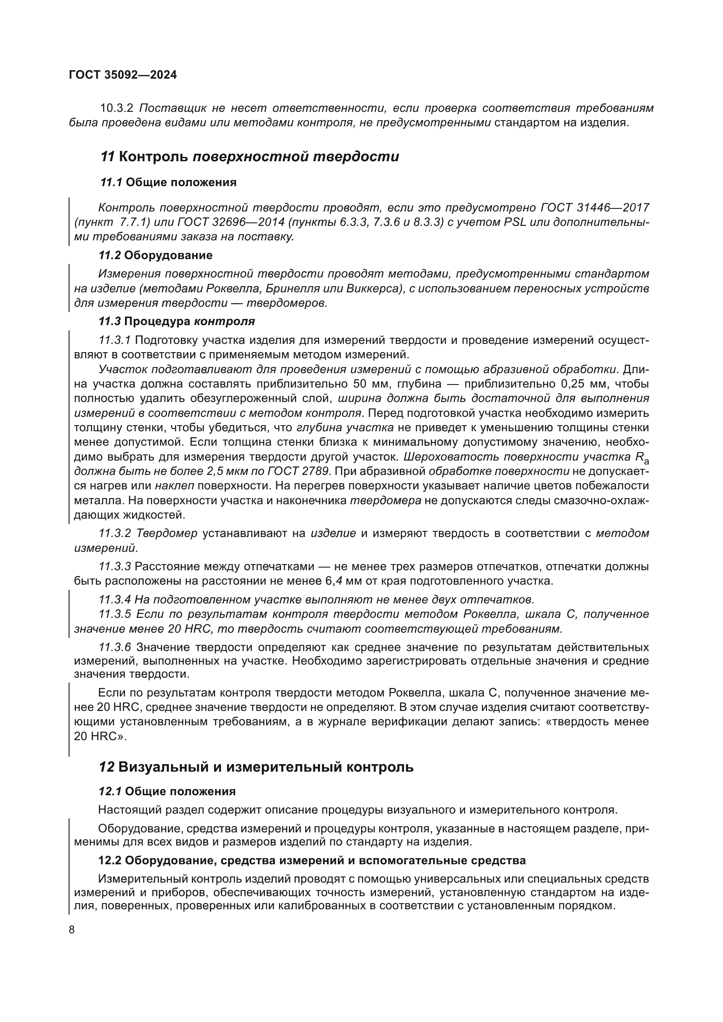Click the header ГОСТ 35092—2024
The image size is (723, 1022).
(x=123, y=75)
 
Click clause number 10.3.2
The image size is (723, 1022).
(x=117, y=108)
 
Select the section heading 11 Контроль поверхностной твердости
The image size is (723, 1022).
(x=249, y=157)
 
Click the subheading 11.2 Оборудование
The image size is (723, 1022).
(x=155, y=256)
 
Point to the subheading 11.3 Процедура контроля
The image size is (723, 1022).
(x=176, y=322)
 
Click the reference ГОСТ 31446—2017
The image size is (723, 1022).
(x=594, y=208)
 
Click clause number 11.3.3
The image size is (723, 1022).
(x=115, y=567)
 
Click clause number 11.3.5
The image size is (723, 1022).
(x=115, y=614)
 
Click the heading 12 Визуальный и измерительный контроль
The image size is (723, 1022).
(x=256, y=767)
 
